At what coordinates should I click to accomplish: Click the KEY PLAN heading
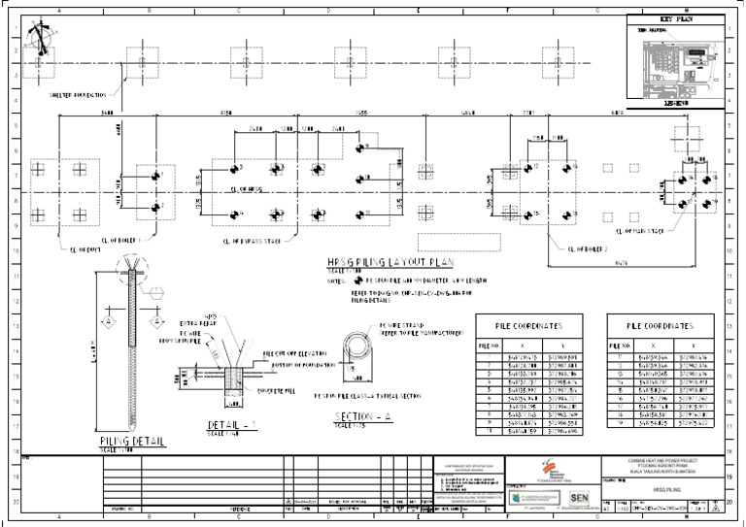pos(673,18)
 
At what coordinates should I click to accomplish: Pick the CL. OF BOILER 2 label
pos(587,248)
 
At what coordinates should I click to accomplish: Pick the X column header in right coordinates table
pos(654,345)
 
